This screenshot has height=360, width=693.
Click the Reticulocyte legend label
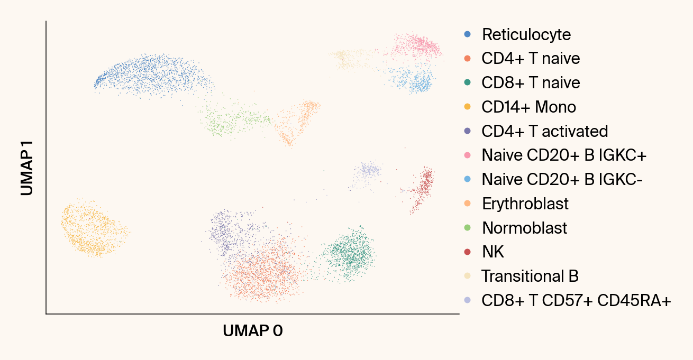point(526,34)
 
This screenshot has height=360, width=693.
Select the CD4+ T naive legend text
point(531,58)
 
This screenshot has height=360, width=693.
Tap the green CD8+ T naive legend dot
point(467,82)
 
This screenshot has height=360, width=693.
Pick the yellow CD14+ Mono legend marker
point(467,107)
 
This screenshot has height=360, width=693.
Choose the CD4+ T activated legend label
point(545,131)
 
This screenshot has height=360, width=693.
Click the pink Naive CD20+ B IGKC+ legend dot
point(467,155)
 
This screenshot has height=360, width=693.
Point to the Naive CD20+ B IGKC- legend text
point(562,180)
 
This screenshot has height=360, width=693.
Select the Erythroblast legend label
point(525,204)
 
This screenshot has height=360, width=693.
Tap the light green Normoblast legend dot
point(467,228)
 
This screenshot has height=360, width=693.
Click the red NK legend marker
point(467,252)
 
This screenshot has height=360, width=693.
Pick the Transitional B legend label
point(530,276)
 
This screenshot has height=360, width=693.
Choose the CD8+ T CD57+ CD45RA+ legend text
point(576,301)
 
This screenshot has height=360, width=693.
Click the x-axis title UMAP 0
point(253,331)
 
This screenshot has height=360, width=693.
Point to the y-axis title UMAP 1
point(28,168)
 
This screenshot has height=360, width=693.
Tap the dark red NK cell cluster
point(422,188)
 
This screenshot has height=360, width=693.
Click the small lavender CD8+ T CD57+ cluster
point(368,171)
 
